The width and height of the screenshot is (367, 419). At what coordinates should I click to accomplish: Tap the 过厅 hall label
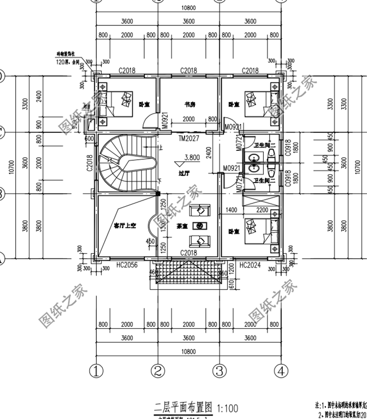pos(184,173)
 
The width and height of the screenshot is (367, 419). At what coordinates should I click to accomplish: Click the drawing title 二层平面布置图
pos(183,407)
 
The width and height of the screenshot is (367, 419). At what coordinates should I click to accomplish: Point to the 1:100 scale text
pos(227,407)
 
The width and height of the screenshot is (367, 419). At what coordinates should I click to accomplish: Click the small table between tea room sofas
pos(200,226)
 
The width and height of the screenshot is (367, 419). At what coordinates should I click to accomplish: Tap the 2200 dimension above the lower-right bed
pos(262,210)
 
